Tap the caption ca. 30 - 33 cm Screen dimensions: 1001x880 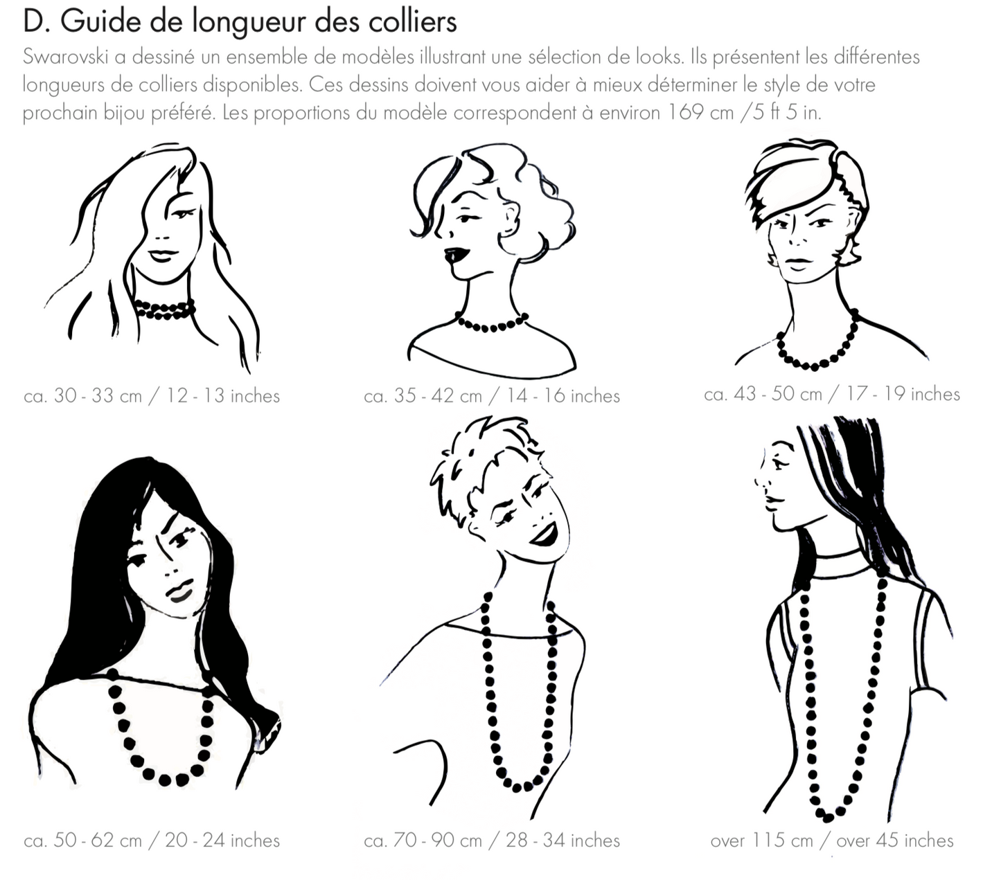83,395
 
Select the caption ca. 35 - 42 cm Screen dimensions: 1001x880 423,395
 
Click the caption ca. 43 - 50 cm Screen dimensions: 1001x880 763,393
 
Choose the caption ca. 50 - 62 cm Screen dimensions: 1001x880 83,840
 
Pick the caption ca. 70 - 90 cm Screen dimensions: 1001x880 423,840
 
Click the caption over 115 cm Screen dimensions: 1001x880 762,840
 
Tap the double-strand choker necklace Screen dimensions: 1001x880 165,309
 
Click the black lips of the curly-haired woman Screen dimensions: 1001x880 454,255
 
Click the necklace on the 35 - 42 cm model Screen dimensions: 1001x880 492,323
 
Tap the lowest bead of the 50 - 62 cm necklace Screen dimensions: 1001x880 165,780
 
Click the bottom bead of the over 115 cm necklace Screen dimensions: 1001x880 828,817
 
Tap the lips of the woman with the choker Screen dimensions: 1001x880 163,255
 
